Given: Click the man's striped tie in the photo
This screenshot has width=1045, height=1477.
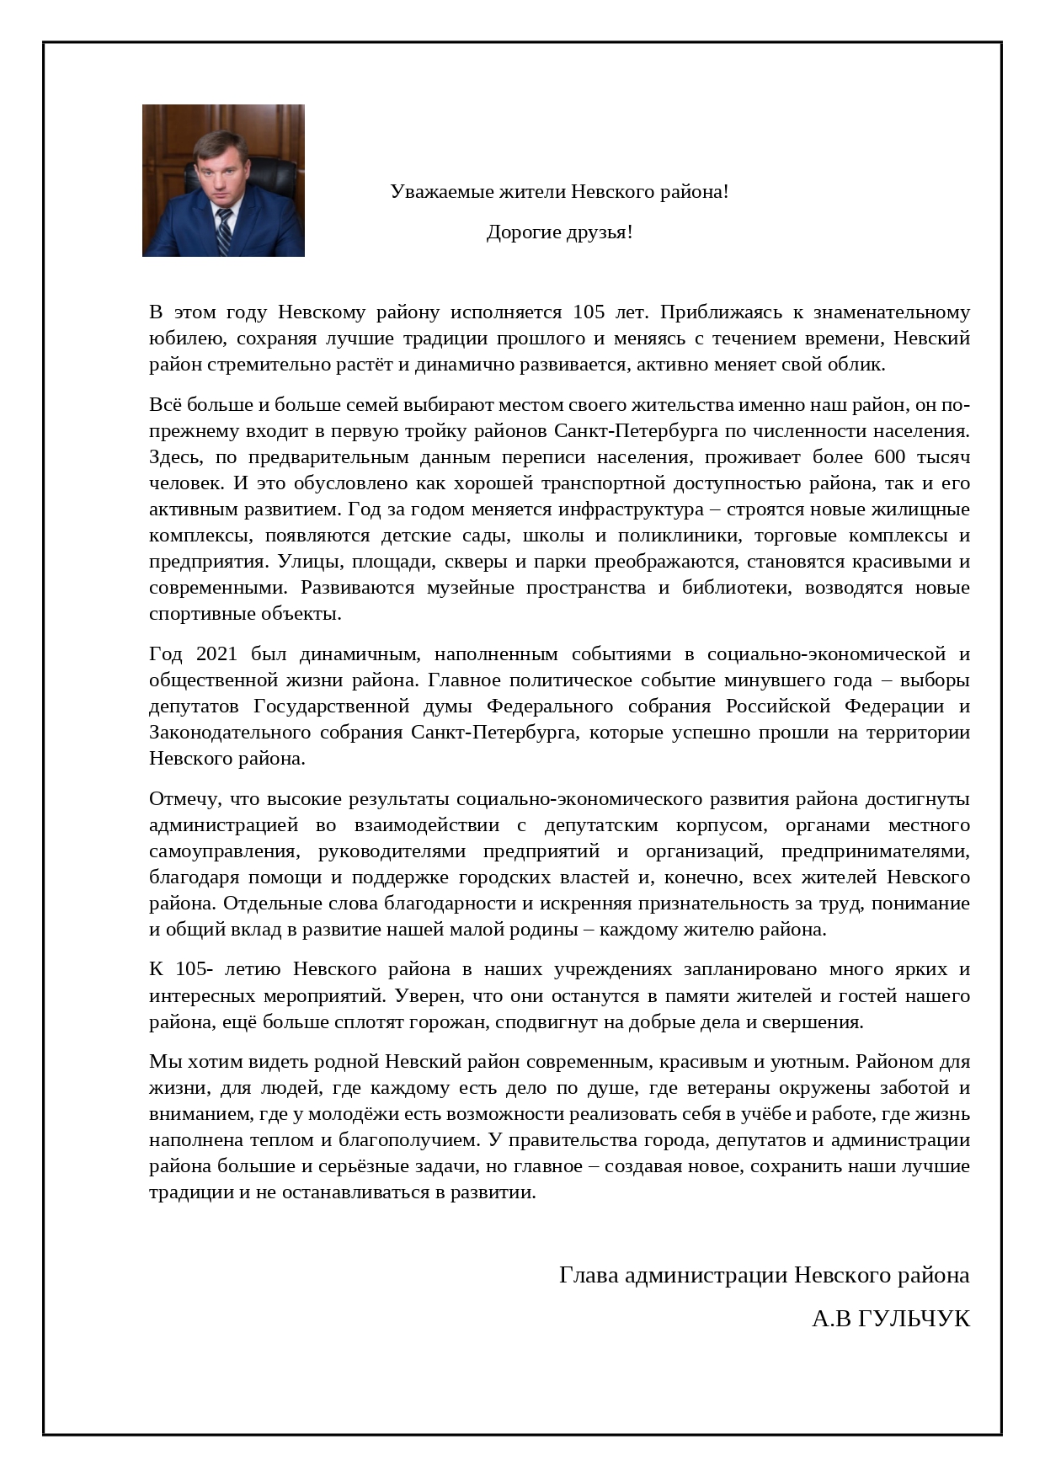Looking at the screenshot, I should (224, 232).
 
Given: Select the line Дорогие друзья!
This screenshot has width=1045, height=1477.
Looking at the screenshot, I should (559, 232).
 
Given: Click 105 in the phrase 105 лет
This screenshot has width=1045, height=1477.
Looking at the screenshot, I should (589, 312).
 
